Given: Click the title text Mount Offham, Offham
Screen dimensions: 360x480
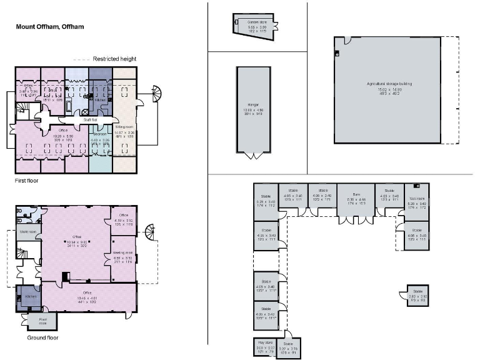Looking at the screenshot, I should pos(49,27).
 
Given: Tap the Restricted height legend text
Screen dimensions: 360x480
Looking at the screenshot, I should pos(114,59).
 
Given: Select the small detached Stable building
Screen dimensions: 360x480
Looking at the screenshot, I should pos(416,296).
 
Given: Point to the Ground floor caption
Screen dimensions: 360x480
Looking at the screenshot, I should pos(42,337).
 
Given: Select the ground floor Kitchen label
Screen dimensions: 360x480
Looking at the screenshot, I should pos(29,297).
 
